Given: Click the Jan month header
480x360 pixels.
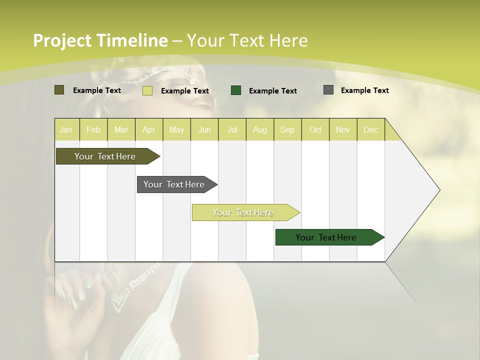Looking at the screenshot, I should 66,129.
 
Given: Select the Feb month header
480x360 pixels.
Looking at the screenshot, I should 93,129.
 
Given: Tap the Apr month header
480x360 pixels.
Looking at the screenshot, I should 148,129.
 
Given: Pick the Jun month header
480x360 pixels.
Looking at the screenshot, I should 204,129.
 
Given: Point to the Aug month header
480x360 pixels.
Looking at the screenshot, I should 259,129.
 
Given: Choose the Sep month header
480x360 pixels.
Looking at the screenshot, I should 287,129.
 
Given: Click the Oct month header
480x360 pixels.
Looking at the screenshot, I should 315,129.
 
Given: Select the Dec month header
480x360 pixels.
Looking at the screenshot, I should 370,129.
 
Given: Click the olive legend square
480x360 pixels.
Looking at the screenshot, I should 59,90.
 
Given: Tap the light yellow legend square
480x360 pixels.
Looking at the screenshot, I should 147,90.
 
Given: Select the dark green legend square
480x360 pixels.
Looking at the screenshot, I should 236,90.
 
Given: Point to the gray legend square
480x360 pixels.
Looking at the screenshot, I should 328,90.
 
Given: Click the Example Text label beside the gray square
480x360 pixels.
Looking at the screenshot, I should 364,90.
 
